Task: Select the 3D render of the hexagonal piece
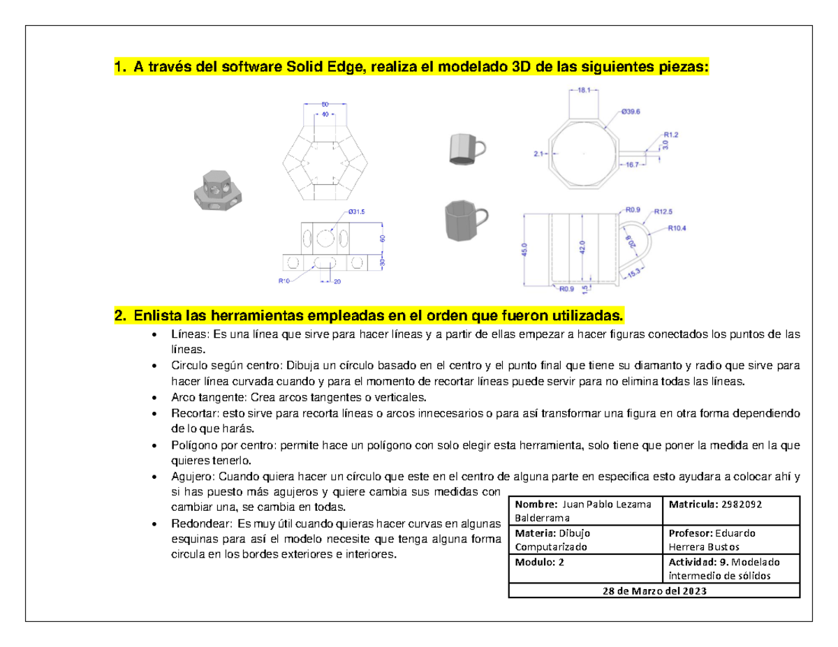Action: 214,189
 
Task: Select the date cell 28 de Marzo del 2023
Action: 654,590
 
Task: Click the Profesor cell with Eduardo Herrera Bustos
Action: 731,539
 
